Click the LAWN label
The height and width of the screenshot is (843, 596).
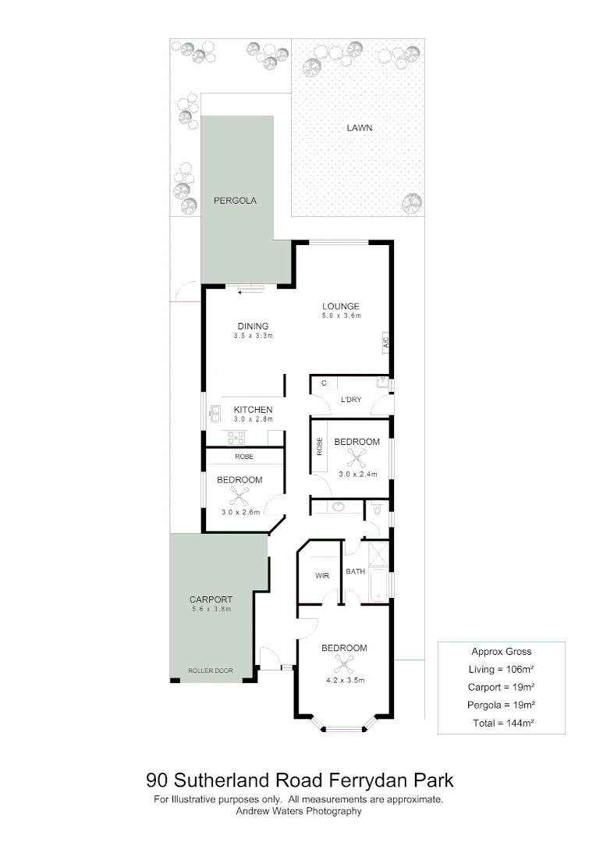tap(360, 127)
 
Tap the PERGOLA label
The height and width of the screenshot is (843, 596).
tap(235, 201)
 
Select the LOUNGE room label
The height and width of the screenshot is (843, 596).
tap(342, 306)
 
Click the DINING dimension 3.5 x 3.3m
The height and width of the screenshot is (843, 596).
tap(253, 336)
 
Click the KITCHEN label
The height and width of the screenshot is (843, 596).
tap(253, 409)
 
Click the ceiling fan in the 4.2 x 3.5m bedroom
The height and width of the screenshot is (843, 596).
tap(343, 664)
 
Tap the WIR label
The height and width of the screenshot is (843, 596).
tap(321, 575)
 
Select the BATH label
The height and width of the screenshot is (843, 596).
tap(356, 571)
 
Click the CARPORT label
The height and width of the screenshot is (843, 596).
tap(211, 599)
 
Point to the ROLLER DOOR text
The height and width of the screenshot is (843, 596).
tap(211, 670)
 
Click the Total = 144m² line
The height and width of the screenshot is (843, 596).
tap(502, 724)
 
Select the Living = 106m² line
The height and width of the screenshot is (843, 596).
tap(502, 669)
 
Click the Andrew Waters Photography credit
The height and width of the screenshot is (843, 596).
tap(299, 811)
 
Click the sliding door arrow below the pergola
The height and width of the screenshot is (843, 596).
tap(251, 292)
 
